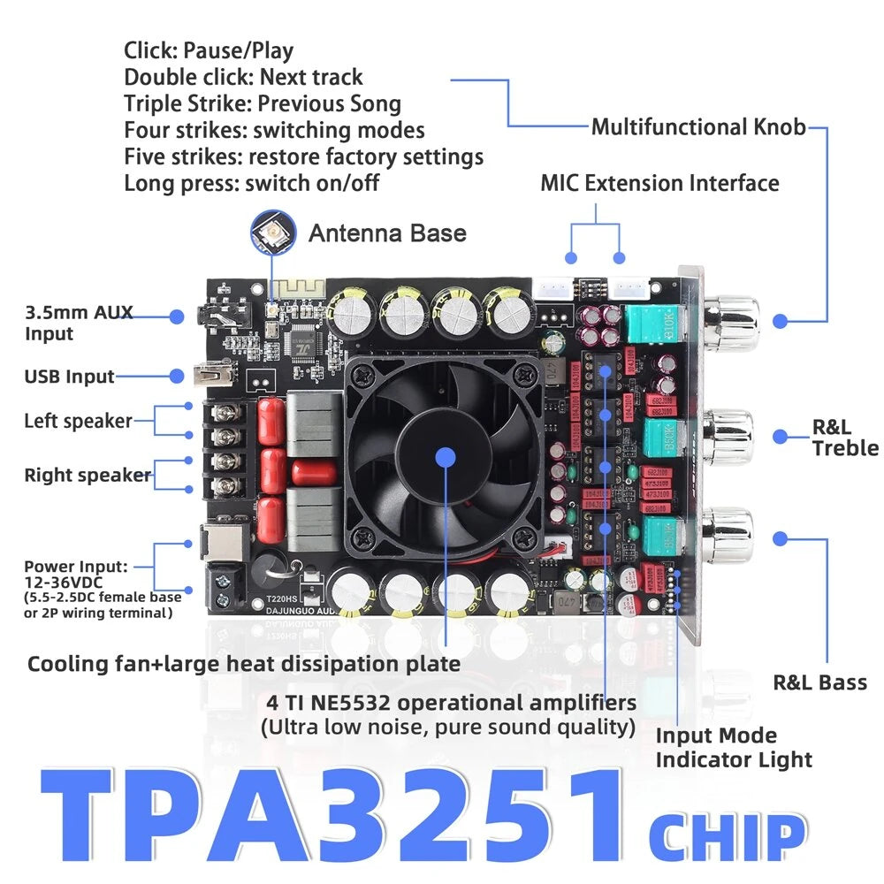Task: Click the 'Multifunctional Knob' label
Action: pyautogui.click(x=698, y=127)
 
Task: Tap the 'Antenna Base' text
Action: pyautogui.click(x=386, y=233)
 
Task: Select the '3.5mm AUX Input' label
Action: pyautogui.click(x=79, y=323)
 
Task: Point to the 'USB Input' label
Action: pyautogui.click(x=69, y=377)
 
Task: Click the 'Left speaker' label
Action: pyautogui.click(x=78, y=421)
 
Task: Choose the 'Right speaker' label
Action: pyautogui.click(x=87, y=476)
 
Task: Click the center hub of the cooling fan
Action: pyautogui.click(x=445, y=457)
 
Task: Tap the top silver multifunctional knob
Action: pyautogui.click(x=733, y=320)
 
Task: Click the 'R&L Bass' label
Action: pyautogui.click(x=819, y=682)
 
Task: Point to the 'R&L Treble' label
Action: pyautogui.click(x=845, y=438)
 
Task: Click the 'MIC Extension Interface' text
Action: pyautogui.click(x=659, y=183)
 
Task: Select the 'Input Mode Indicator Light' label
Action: pyautogui.click(x=733, y=748)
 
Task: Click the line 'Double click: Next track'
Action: pyautogui.click(x=243, y=77)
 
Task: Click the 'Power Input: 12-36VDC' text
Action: pyautogui.click(x=76, y=575)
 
